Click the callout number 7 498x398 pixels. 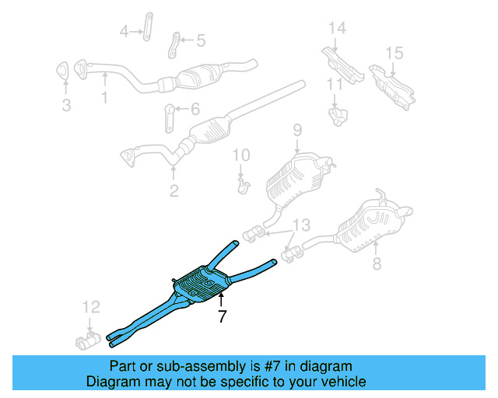(222, 316)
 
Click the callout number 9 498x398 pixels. (296, 129)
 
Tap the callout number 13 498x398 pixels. (300, 225)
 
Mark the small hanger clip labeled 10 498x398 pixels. (243, 185)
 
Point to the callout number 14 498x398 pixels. (336, 29)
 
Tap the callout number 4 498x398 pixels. (124, 31)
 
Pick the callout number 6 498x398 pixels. (195, 110)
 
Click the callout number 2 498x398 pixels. (174, 190)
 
